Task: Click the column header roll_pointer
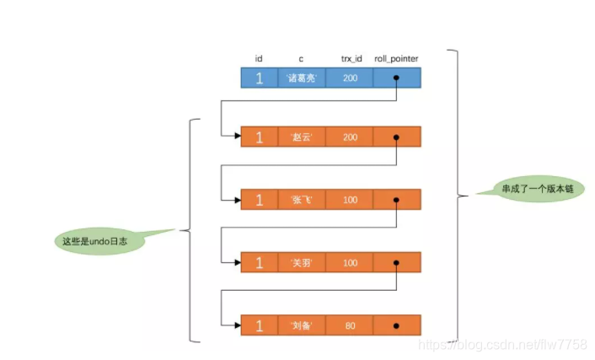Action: [x=396, y=58]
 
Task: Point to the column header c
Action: [x=301, y=58]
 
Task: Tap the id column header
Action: [x=259, y=58]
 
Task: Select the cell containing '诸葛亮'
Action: [x=301, y=78]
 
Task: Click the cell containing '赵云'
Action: [x=301, y=137]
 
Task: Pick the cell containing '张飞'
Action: [x=301, y=200]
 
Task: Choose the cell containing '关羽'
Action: [x=301, y=262]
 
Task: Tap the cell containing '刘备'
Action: [x=301, y=325]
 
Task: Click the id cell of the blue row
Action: [x=259, y=78]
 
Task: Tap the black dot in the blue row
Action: [x=396, y=78]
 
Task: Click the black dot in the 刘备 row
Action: [x=396, y=325]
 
